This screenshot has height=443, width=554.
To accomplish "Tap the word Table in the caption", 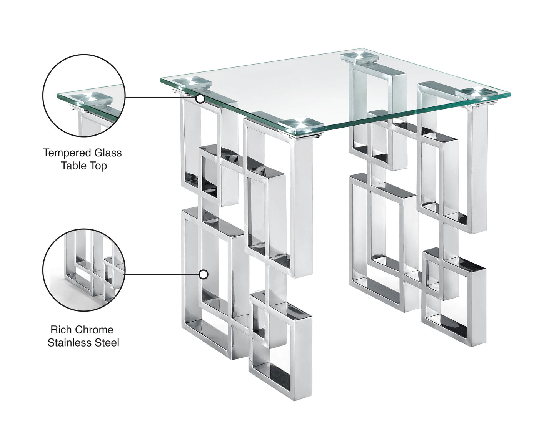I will (x=74, y=166).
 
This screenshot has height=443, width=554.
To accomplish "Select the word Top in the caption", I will (x=99, y=166).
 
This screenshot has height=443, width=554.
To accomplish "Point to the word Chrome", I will (x=94, y=330).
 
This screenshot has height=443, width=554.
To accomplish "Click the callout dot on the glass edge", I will (x=200, y=99).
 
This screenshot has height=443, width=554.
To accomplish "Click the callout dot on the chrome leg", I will (x=204, y=274).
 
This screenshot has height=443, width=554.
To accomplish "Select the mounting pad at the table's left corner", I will (x=191, y=83).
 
